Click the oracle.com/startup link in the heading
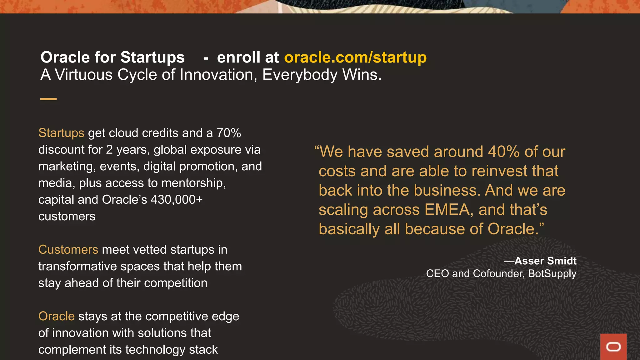coord(355,57)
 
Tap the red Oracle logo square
coord(613,347)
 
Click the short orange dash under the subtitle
coord(48,99)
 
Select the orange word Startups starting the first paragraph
coord(61,133)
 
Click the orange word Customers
coord(68,250)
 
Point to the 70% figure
coord(229,133)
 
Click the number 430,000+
coord(177,200)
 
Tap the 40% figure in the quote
coord(503,152)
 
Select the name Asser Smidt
coord(545,261)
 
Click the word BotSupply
coord(552,274)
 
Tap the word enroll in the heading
coord(238,57)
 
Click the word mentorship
coord(193,183)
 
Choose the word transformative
coord(77,267)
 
